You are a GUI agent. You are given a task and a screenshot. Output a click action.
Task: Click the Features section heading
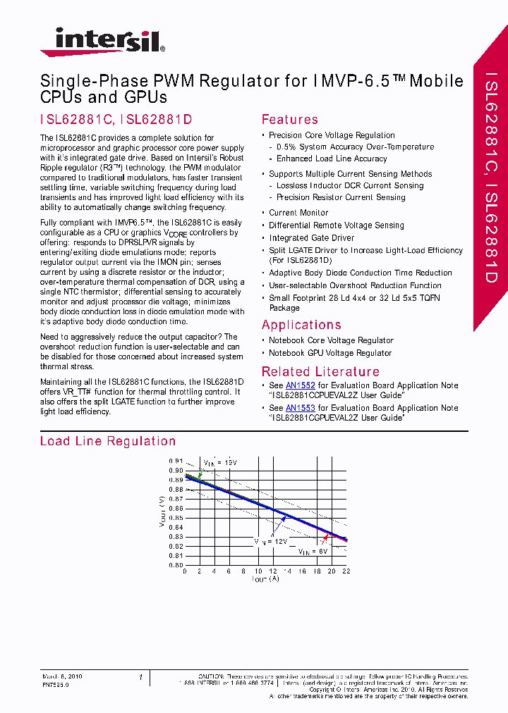pyautogui.click(x=289, y=120)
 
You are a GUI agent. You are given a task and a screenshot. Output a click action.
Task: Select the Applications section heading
pyautogui.click(x=301, y=325)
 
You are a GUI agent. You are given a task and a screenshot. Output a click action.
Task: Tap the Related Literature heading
pyautogui.click(x=320, y=371)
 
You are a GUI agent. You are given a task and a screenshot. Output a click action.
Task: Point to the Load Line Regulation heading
pyautogui.click(x=108, y=441)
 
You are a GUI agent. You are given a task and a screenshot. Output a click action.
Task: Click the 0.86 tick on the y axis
pyautogui.click(x=176, y=508)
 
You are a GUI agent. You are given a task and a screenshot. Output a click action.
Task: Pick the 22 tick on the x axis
pyautogui.click(x=346, y=571)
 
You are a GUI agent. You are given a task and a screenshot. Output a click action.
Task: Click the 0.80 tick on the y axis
pyautogui.click(x=176, y=564)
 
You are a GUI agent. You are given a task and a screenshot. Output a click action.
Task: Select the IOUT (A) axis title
pyautogui.click(x=265, y=579)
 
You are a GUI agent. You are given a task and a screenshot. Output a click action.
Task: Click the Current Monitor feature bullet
pyautogui.click(x=298, y=213)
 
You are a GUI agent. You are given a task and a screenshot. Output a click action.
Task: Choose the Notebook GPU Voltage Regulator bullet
pyautogui.click(x=329, y=353)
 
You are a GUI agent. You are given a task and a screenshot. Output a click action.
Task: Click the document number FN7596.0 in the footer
pyautogui.click(x=55, y=684)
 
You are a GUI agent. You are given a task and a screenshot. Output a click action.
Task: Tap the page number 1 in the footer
pyautogui.click(x=141, y=677)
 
